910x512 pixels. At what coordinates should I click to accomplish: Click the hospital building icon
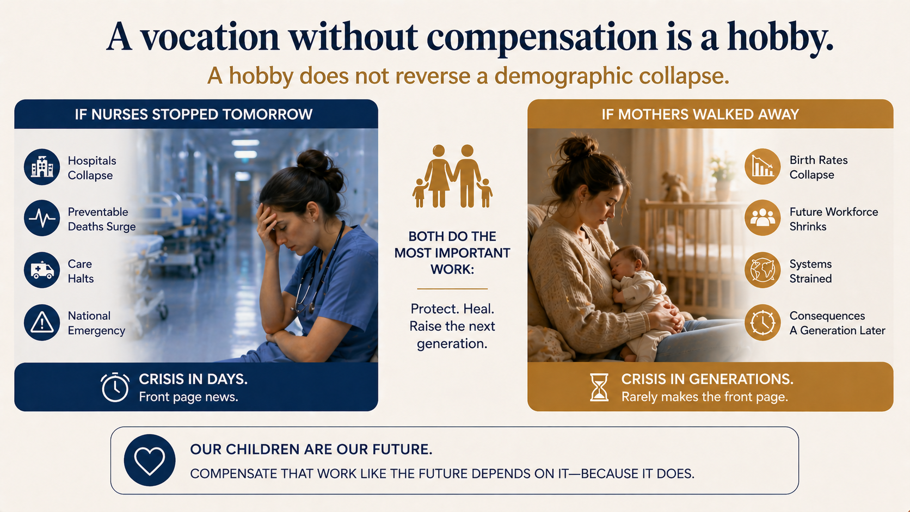pos(42,167)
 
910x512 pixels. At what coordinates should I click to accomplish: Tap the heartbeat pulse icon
pos(42,218)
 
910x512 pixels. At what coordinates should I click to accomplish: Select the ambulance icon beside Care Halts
pos(42,270)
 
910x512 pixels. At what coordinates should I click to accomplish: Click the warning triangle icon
pos(42,323)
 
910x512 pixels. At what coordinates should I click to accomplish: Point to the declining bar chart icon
pos(763,166)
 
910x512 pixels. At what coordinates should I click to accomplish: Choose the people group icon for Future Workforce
pos(763,218)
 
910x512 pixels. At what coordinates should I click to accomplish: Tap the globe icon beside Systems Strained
pos(763,270)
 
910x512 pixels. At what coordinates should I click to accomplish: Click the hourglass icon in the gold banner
pos(599,387)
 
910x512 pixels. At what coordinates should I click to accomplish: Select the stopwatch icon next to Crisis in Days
pos(115,387)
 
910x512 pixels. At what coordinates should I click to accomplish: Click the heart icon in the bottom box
pos(150,460)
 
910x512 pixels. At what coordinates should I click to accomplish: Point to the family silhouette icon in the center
pos(452,176)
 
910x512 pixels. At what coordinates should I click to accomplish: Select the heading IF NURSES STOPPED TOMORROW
pos(194,114)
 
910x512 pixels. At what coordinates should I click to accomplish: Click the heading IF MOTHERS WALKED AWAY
pos(700,114)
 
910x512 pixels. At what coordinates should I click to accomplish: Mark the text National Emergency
pos(96,323)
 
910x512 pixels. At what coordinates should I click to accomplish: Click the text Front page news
pos(188,397)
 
